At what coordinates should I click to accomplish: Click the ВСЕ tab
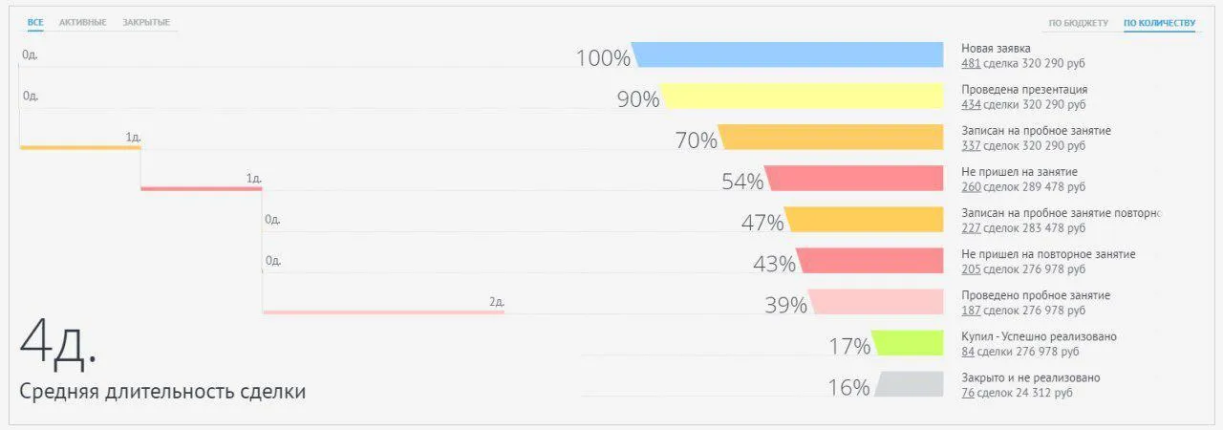35,22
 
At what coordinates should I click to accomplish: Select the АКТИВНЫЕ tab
82,22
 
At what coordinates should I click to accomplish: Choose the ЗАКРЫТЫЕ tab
146,22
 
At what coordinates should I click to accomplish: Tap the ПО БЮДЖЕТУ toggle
1078,23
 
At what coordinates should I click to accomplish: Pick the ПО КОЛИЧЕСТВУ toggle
1159,23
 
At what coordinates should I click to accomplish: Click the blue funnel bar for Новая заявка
788,55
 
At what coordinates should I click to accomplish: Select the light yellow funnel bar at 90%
803,97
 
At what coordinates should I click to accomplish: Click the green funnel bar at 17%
908,343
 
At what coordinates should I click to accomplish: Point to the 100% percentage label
603,58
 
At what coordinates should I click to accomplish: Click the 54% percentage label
742,182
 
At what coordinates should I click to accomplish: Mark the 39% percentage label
785,305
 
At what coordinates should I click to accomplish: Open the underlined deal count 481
971,64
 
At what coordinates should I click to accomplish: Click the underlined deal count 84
968,352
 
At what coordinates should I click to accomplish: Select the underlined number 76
968,393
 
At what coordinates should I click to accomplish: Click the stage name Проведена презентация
1024,90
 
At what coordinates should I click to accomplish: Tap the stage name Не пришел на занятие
1019,172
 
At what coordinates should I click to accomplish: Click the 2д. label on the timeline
496,302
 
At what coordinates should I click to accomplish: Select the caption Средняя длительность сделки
162,392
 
